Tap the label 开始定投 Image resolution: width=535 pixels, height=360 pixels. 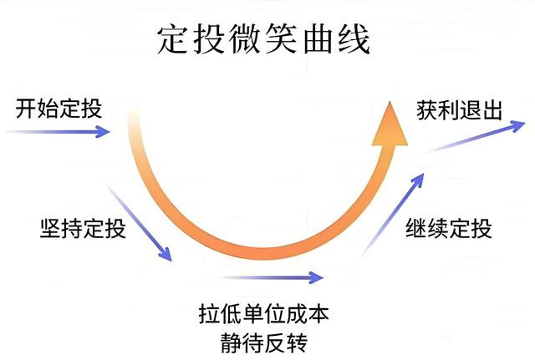coord(56,109)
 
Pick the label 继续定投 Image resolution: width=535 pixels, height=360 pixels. coord(448,227)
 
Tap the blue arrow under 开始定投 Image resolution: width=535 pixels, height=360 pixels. coord(59,131)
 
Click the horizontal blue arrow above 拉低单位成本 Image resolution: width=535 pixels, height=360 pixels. coord(272,276)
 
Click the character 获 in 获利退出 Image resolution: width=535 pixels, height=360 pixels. coord(426,109)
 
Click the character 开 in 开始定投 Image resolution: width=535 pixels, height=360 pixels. coord(24,109)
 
